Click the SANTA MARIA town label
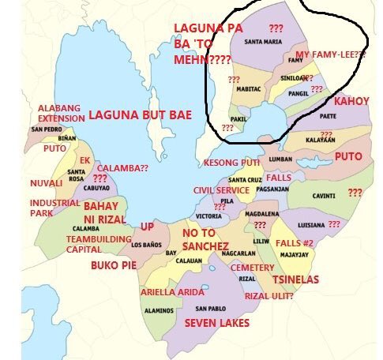pyautogui.click(x=264, y=42)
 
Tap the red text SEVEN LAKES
pyautogui.click(x=217, y=323)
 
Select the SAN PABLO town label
pyautogui.click(x=212, y=308)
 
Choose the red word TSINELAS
pyautogui.click(x=295, y=279)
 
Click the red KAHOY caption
pyautogui.click(x=352, y=102)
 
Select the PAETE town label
pyautogui.click(x=329, y=116)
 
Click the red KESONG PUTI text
pyautogui.click(x=231, y=163)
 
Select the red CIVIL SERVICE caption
pyautogui.click(x=221, y=190)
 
